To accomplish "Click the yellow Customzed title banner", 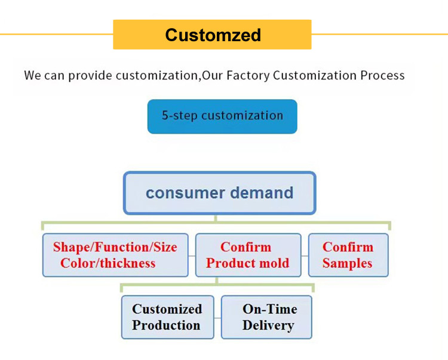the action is (212, 35).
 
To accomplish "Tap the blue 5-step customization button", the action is (222, 116).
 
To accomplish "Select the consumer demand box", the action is (220, 193).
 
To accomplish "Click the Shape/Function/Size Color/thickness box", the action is (115, 255).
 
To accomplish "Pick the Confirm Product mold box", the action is (248, 255).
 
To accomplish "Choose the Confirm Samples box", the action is (348, 255).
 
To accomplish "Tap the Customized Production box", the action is (167, 317).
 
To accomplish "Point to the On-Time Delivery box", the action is (266, 317).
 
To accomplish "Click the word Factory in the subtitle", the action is (248, 76).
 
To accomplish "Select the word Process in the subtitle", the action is (382, 75).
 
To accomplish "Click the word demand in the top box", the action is (262, 192).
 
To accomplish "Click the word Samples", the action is (348, 263).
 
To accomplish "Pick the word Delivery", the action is (268, 325).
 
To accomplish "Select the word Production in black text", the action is (166, 325).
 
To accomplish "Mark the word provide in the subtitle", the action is (90, 76).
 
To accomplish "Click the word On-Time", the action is (270, 309).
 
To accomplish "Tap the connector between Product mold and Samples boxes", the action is (305, 256).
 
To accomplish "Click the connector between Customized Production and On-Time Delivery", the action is (217, 318).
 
